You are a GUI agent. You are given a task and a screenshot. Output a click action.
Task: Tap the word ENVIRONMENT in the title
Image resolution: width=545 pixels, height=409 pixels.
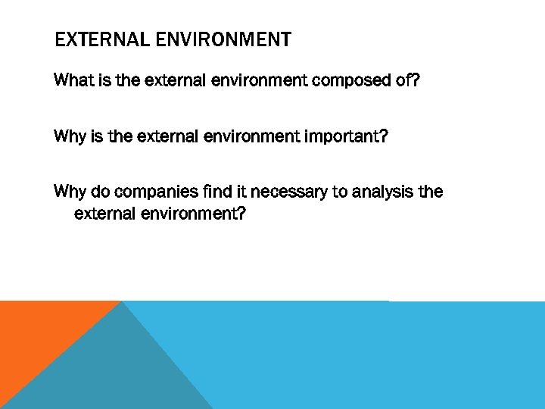coord(225,39)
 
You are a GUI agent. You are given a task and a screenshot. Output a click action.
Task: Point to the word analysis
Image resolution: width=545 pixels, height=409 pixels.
coord(382,192)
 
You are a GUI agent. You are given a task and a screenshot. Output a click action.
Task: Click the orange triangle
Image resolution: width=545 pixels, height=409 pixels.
coord(38,333)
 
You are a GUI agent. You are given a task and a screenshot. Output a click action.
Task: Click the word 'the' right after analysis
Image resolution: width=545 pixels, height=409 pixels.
coord(431,192)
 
